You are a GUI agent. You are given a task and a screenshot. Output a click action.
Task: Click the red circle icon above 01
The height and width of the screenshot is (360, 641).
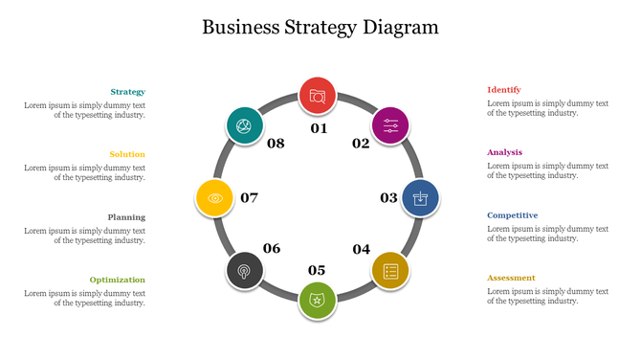318,96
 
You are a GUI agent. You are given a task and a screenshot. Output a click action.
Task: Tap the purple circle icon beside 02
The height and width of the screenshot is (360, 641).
390,125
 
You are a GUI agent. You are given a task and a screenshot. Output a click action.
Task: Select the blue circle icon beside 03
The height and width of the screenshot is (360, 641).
420,198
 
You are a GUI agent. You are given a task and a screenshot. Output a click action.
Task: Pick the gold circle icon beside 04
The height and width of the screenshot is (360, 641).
390,271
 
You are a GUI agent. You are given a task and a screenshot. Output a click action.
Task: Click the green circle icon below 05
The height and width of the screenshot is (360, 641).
318,301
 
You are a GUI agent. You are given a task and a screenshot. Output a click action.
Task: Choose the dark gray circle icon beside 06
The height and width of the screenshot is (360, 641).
245,271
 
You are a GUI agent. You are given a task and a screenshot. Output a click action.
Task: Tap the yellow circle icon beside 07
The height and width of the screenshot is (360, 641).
215,198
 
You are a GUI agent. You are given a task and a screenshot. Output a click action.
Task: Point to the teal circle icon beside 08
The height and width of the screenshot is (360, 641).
245,125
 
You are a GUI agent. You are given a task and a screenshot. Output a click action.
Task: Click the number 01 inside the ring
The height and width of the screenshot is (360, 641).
319,128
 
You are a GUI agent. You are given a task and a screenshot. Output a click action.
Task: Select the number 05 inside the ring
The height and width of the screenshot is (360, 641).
317,270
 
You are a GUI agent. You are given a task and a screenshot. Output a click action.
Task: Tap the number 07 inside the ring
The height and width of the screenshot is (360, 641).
250,198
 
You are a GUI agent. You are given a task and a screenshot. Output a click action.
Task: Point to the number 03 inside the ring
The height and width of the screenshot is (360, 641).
388,198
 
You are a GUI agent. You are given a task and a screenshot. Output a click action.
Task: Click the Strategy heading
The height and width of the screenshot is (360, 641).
127,92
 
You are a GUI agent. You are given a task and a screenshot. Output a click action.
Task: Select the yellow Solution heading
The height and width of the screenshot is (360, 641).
127,154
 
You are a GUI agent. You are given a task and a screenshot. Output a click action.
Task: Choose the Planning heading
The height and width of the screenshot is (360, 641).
126,217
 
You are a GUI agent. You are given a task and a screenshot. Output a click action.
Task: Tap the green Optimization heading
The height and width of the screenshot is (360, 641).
118,280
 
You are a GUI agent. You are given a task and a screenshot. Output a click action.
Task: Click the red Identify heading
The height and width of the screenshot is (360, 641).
504,90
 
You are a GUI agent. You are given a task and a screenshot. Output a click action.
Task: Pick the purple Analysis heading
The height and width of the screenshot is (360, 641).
505,152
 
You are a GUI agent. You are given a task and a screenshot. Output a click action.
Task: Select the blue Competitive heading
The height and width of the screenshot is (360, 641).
513,215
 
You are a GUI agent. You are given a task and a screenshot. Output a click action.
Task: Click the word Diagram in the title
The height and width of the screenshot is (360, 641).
401,27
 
